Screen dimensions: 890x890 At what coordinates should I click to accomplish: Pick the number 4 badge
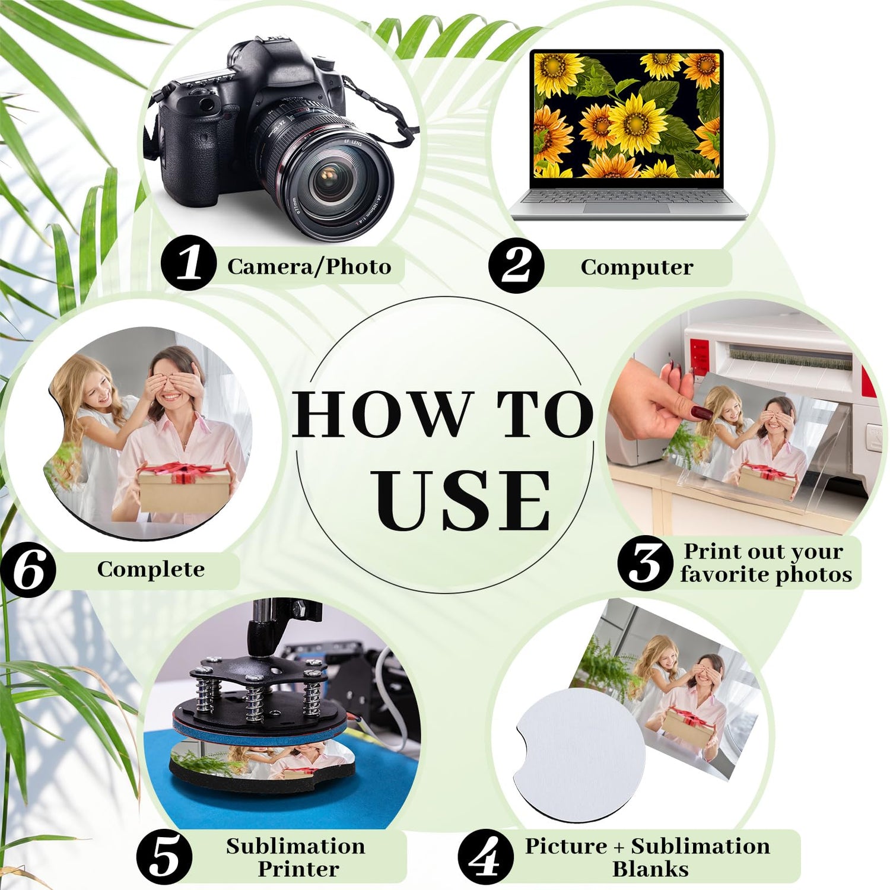coord(486,857)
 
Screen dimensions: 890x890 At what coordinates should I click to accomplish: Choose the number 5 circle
coord(164,857)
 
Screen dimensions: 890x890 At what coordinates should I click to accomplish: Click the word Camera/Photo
coord(309,266)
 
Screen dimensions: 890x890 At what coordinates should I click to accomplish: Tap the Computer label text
coord(637,267)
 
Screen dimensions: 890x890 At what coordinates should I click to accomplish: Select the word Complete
coord(151,569)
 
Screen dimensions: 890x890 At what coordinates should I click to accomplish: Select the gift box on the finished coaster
coord(184,487)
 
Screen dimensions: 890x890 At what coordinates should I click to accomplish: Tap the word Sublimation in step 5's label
coord(295,846)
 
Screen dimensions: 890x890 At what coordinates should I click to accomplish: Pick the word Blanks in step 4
coord(650,869)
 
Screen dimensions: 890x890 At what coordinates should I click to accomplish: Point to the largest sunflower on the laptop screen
coord(637,123)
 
